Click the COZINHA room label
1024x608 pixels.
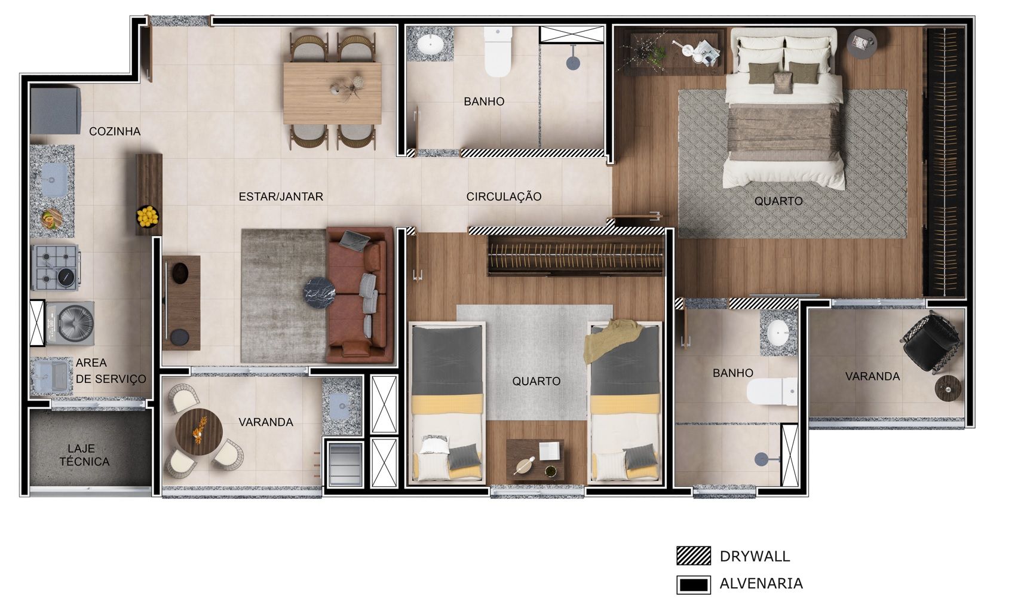click(115, 131)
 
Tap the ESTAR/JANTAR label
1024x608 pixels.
click(281, 196)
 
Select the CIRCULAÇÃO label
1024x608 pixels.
click(504, 196)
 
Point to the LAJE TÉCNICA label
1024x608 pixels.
click(85, 455)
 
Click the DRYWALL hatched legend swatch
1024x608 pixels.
click(694, 556)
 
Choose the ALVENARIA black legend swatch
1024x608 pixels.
click(694, 585)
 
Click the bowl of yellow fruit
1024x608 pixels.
click(148, 216)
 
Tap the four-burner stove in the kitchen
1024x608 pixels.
click(56, 268)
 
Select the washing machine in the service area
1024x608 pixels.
click(70, 323)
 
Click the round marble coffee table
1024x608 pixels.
click(320, 293)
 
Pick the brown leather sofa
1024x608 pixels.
click(360, 295)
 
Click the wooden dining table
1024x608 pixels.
click(332, 93)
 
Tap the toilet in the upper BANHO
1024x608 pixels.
click(498, 51)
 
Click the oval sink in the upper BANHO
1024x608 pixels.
click(430, 45)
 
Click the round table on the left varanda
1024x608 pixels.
click(200, 432)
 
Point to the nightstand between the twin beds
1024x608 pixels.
click(535, 460)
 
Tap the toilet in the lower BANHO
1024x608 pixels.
click(772, 391)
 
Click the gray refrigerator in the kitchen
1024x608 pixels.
click(56, 110)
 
